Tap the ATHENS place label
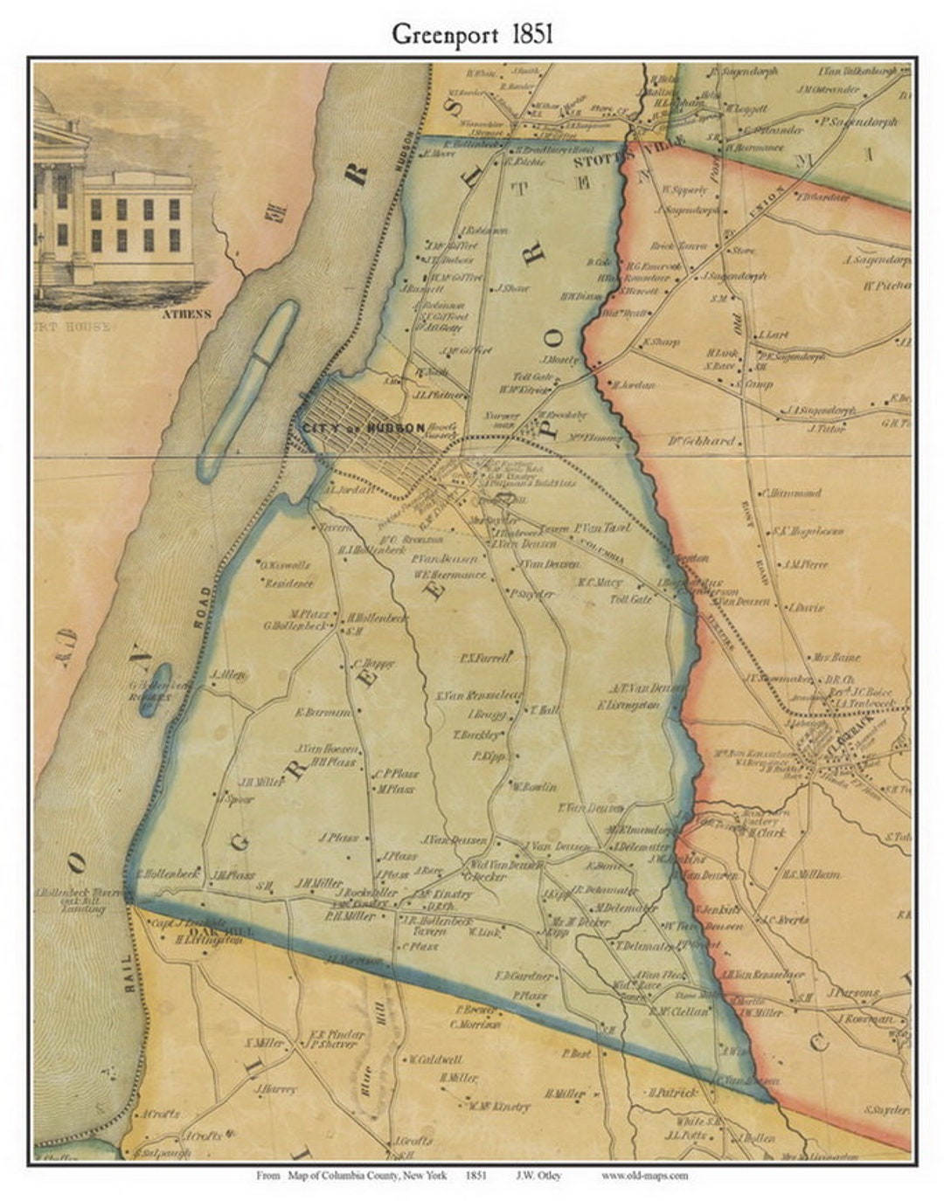[x=184, y=314]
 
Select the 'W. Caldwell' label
[x=434, y=1060]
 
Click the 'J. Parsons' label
[x=857, y=993]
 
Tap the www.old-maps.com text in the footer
[x=644, y=1176]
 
